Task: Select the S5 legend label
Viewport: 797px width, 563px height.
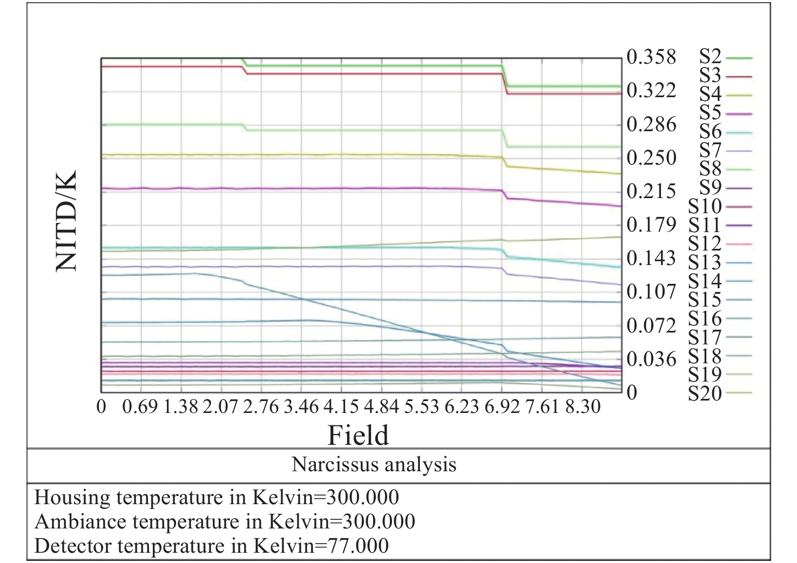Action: click(x=711, y=113)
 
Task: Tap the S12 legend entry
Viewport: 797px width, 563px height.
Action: click(x=705, y=243)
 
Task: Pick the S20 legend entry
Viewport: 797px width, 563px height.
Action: click(x=705, y=393)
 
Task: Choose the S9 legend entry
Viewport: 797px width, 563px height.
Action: click(x=711, y=187)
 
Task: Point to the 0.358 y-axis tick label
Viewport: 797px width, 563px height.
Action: click(x=651, y=57)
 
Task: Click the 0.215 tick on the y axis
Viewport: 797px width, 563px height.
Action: click(x=651, y=191)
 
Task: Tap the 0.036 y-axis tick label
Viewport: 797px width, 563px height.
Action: click(x=651, y=359)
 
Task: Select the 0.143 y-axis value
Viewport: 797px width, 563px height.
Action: click(x=651, y=258)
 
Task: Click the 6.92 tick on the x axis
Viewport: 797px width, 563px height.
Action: click(x=502, y=406)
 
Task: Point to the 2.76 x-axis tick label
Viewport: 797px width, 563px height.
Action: click(x=261, y=406)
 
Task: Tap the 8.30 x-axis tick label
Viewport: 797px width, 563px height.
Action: click(x=583, y=406)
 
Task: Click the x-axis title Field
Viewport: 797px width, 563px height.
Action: click(x=358, y=435)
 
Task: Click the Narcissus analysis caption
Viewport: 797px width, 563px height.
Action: click(x=374, y=464)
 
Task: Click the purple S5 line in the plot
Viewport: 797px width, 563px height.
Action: click(x=324, y=188)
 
